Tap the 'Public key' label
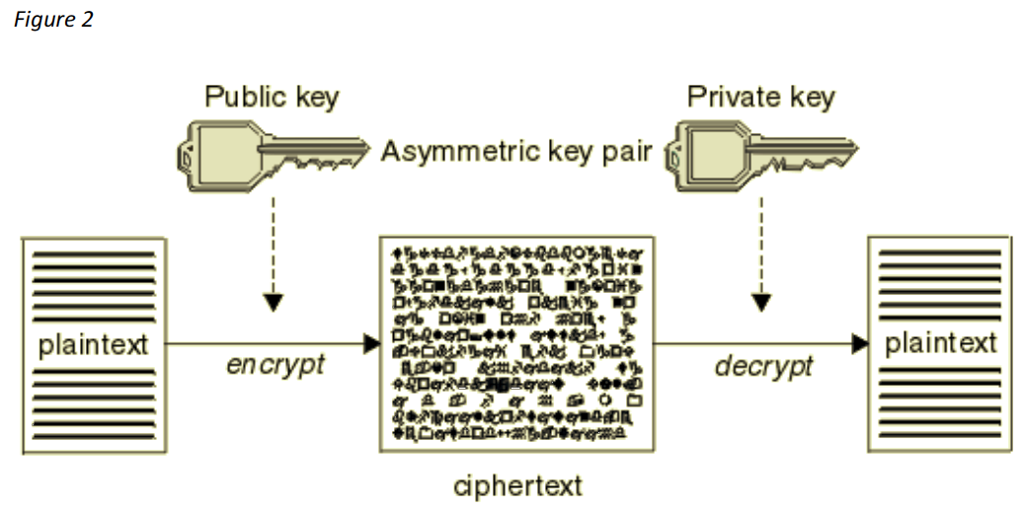[271, 98]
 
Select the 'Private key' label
[760, 98]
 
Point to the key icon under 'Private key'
[760, 153]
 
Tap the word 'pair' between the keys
[626, 154]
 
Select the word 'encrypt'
[275, 365]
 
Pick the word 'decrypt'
[763, 366]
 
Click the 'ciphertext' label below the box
[518, 486]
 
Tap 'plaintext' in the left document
[93, 345]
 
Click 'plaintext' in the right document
[941, 344]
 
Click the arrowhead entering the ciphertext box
[372, 343]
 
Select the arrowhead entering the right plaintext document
[860, 343]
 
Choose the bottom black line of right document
[941, 436]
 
